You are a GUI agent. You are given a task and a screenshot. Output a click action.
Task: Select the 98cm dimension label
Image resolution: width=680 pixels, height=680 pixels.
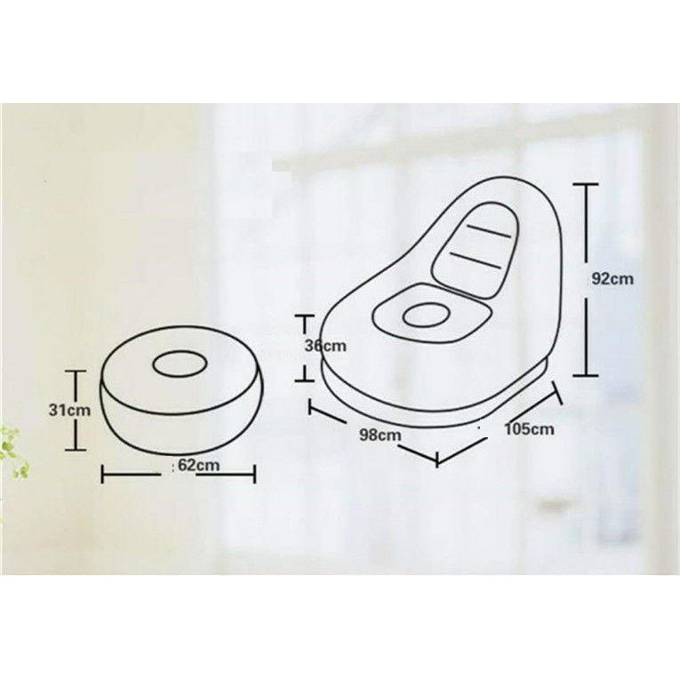coord(380,435)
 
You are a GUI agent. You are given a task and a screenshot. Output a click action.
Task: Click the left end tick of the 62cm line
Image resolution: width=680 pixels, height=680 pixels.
coord(104,472)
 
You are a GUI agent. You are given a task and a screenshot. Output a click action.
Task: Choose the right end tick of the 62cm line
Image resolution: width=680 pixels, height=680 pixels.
coord(256,472)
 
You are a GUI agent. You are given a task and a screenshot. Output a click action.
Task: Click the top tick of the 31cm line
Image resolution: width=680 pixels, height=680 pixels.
coord(77,372)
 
